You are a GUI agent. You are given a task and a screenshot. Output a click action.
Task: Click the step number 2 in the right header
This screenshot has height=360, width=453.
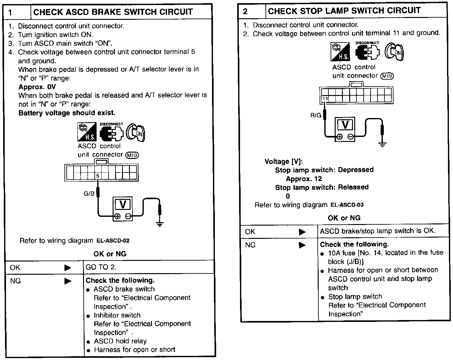point(245,12)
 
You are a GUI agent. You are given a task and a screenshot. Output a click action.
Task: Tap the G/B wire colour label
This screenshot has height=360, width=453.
point(89,194)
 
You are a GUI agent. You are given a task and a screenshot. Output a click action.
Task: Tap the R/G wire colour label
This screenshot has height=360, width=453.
point(316,115)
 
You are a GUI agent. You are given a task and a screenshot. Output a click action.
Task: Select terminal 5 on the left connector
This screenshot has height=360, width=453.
point(98,176)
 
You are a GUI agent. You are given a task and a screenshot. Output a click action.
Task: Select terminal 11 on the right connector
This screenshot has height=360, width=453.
point(326,98)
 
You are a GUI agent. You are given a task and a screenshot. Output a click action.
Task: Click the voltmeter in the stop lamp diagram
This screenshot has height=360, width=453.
point(345,129)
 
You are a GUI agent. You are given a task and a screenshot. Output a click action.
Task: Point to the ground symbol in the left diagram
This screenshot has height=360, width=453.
point(160,224)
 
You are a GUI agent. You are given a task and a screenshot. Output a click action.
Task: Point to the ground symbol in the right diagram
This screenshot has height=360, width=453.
point(383,144)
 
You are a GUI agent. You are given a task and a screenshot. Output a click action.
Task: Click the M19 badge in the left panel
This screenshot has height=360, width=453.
point(132,155)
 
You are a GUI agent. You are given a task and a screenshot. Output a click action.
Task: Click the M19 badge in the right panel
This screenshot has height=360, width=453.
point(387,76)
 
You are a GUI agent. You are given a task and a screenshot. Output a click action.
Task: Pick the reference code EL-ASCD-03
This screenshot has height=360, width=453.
point(347,205)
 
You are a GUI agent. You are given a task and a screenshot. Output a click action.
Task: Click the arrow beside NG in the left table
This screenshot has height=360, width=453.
point(68,281)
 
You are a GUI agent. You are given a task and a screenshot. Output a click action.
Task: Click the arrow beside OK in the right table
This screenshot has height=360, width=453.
point(302,232)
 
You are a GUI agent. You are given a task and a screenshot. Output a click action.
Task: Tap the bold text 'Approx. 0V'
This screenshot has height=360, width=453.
point(37,87)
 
